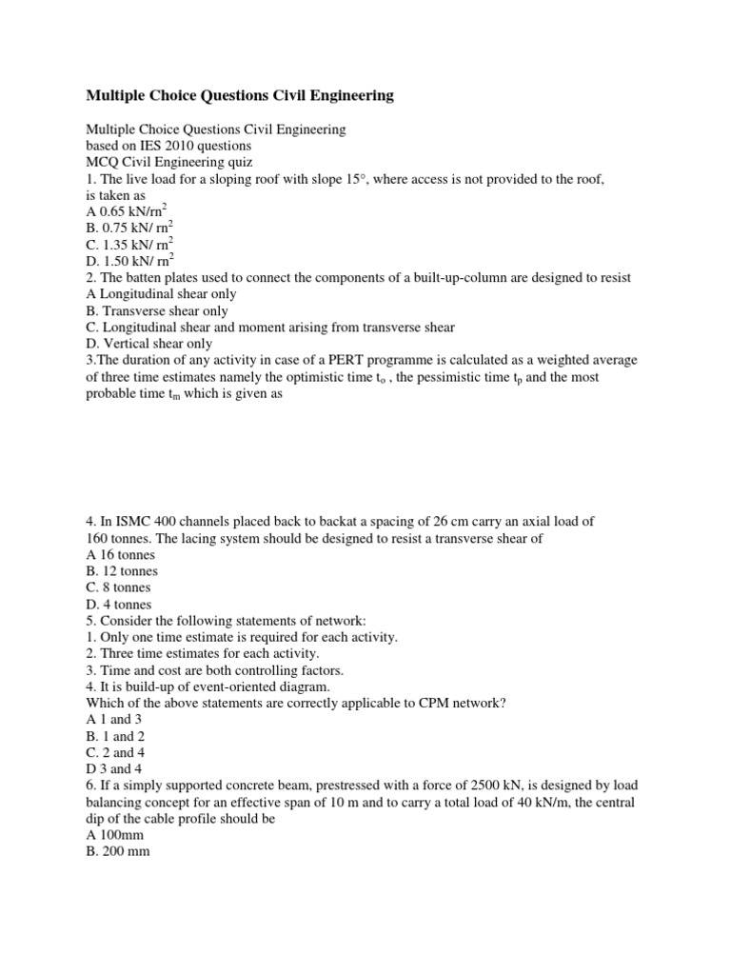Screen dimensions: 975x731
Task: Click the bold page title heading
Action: click(239, 95)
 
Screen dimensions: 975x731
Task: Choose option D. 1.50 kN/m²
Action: click(129, 259)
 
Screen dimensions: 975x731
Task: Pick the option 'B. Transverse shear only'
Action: click(157, 310)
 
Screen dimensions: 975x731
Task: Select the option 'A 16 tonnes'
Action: click(120, 554)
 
